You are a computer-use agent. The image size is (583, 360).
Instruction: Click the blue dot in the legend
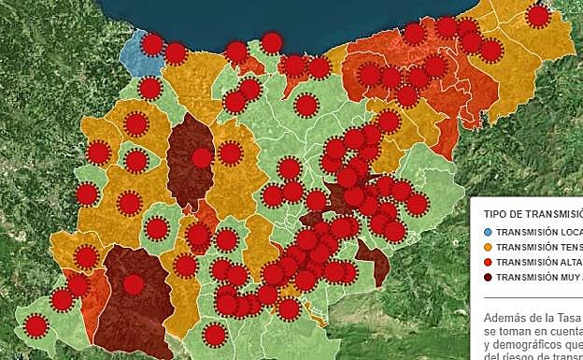pos(488,232)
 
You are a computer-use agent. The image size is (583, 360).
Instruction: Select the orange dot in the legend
pos(488,247)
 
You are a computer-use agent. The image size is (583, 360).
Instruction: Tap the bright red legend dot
pos(488,262)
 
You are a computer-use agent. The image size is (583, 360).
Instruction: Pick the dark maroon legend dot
pos(488,277)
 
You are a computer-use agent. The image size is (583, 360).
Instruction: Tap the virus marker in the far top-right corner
pos(537,16)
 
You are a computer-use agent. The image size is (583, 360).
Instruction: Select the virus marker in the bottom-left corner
pos(36,325)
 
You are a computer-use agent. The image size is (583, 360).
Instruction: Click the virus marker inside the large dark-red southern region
pos(134,284)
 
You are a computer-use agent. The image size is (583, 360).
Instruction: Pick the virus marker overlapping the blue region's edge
pos(152,44)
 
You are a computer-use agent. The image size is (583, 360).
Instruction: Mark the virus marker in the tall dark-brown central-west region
pos(201,158)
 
